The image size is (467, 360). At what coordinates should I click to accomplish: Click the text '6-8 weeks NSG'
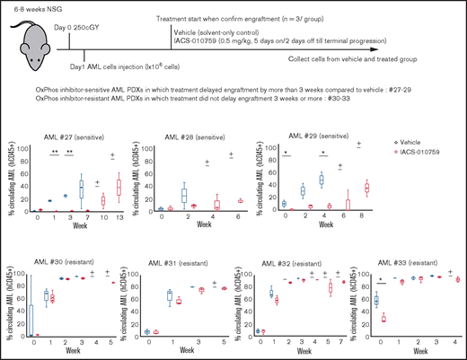[x=37, y=8]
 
